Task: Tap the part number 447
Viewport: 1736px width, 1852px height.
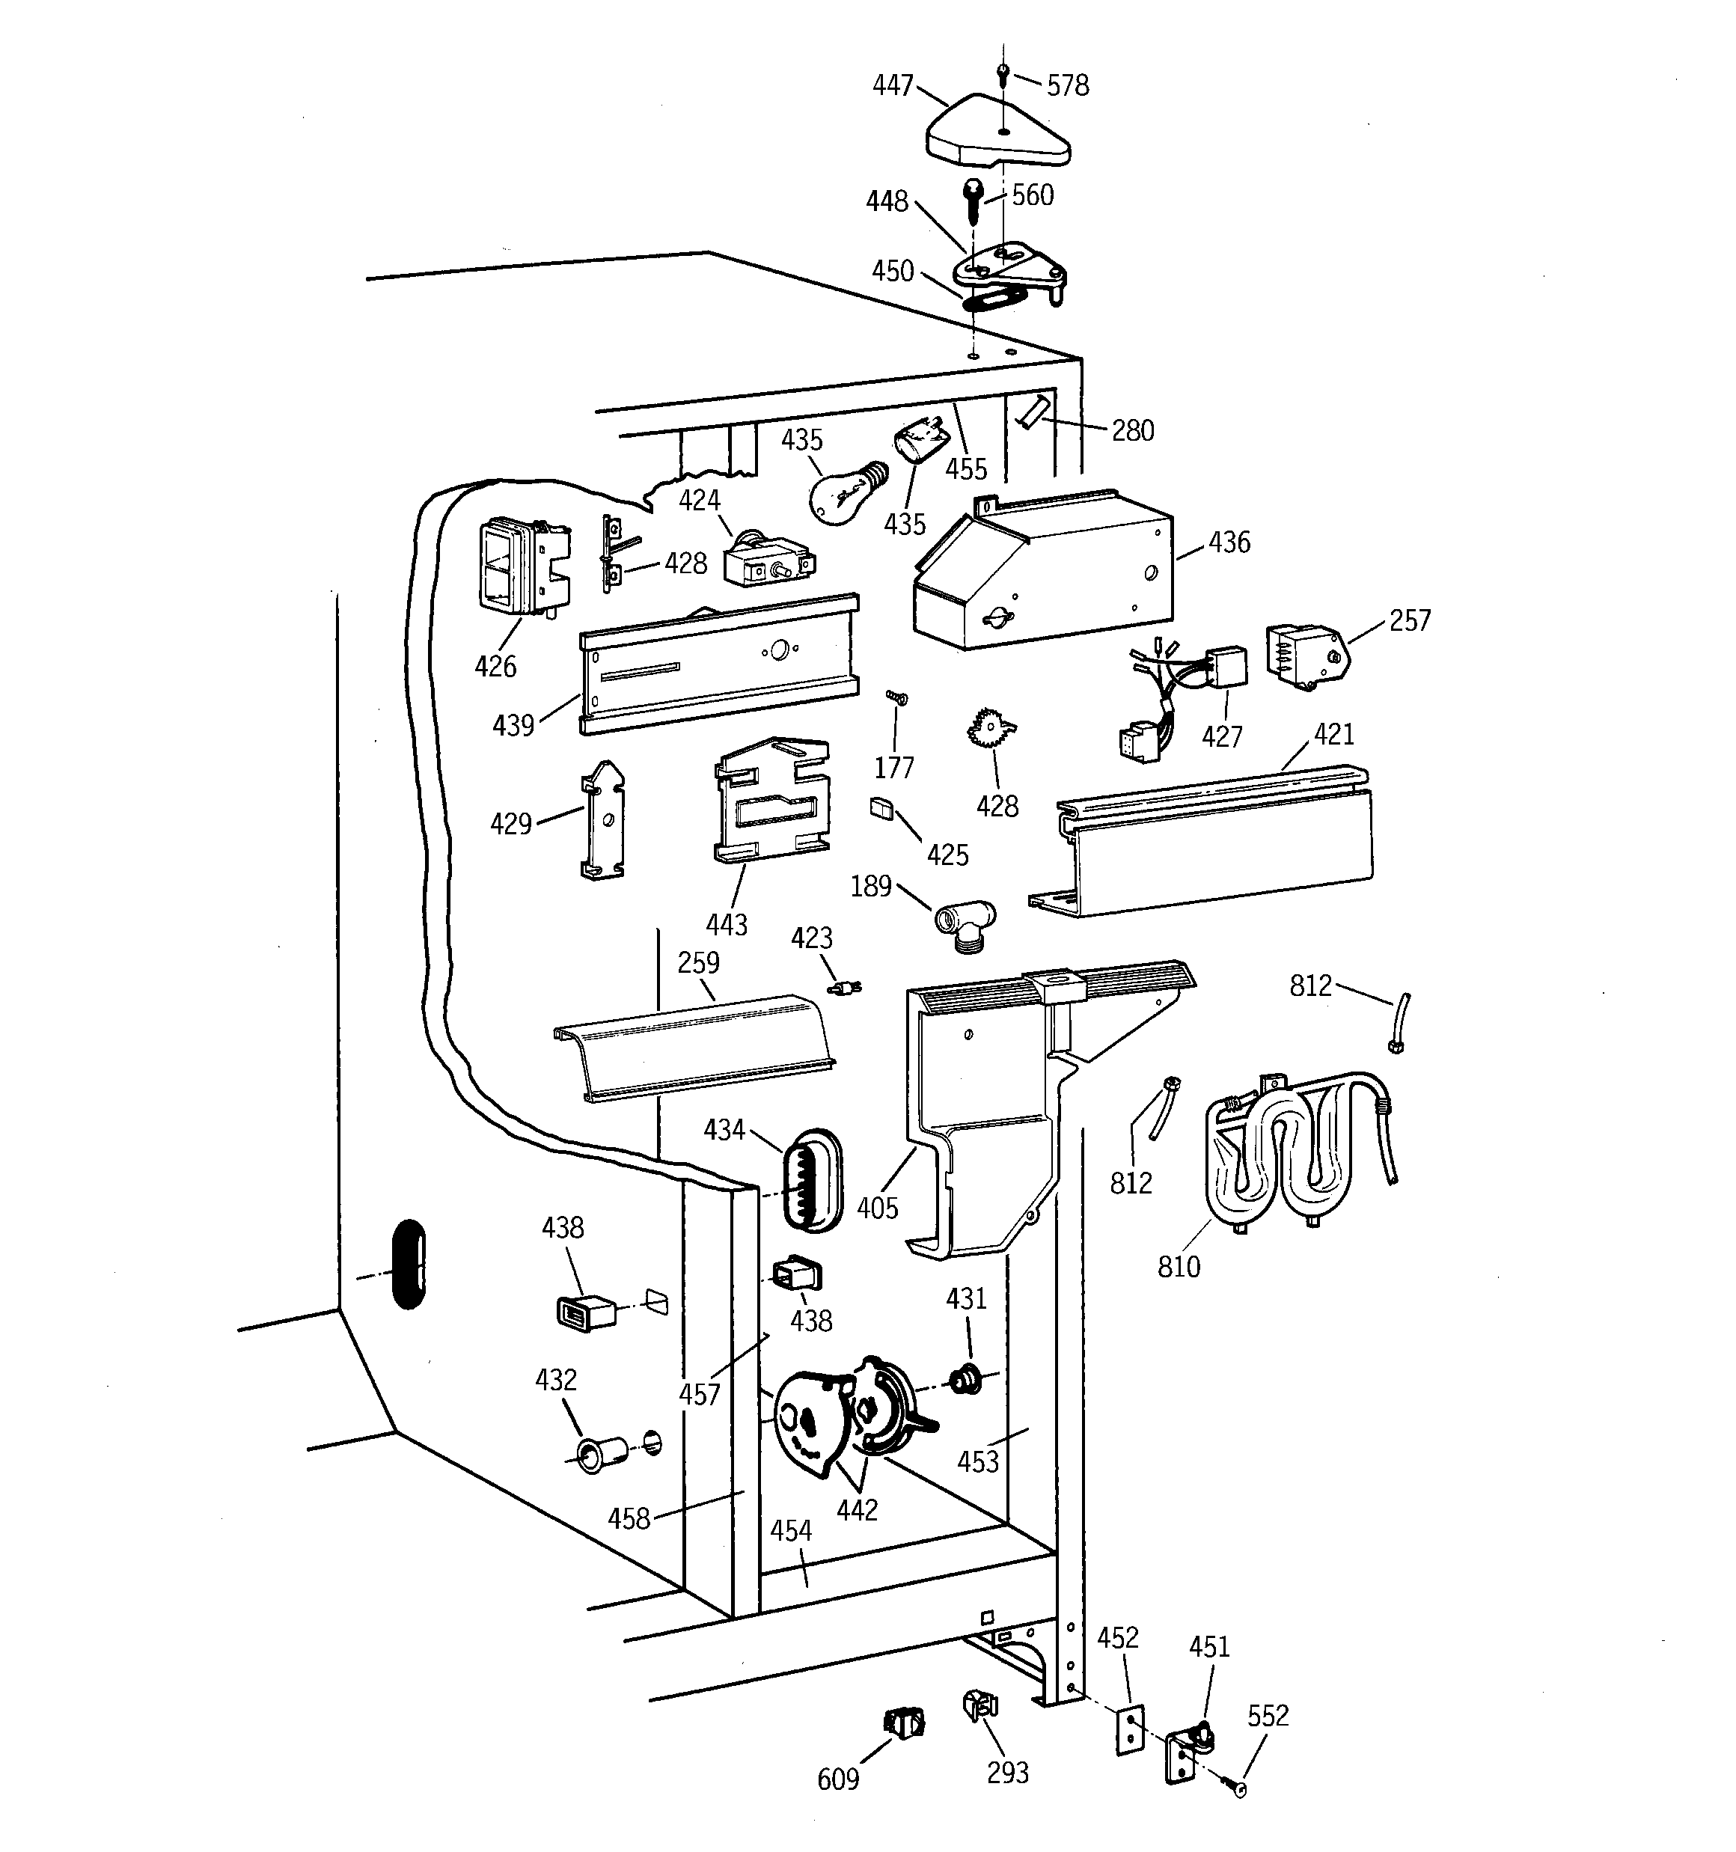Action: [x=892, y=86]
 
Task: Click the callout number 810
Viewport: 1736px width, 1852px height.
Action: [x=1178, y=1267]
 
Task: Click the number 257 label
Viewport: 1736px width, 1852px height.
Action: [x=1409, y=620]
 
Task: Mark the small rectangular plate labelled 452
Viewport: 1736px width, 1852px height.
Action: [x=1129, y=1731]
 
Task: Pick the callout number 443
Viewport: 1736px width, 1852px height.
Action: [x=726, y=924]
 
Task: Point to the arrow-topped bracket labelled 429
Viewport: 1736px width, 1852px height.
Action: [x=603, y=820]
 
